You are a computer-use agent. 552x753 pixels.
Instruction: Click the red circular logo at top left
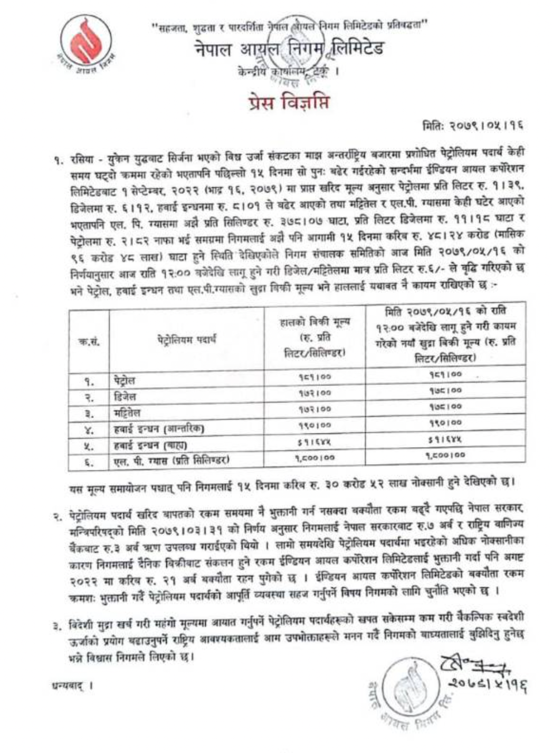coord(88,42)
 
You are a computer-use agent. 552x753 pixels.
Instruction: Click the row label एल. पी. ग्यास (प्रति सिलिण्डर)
coord(172,460)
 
